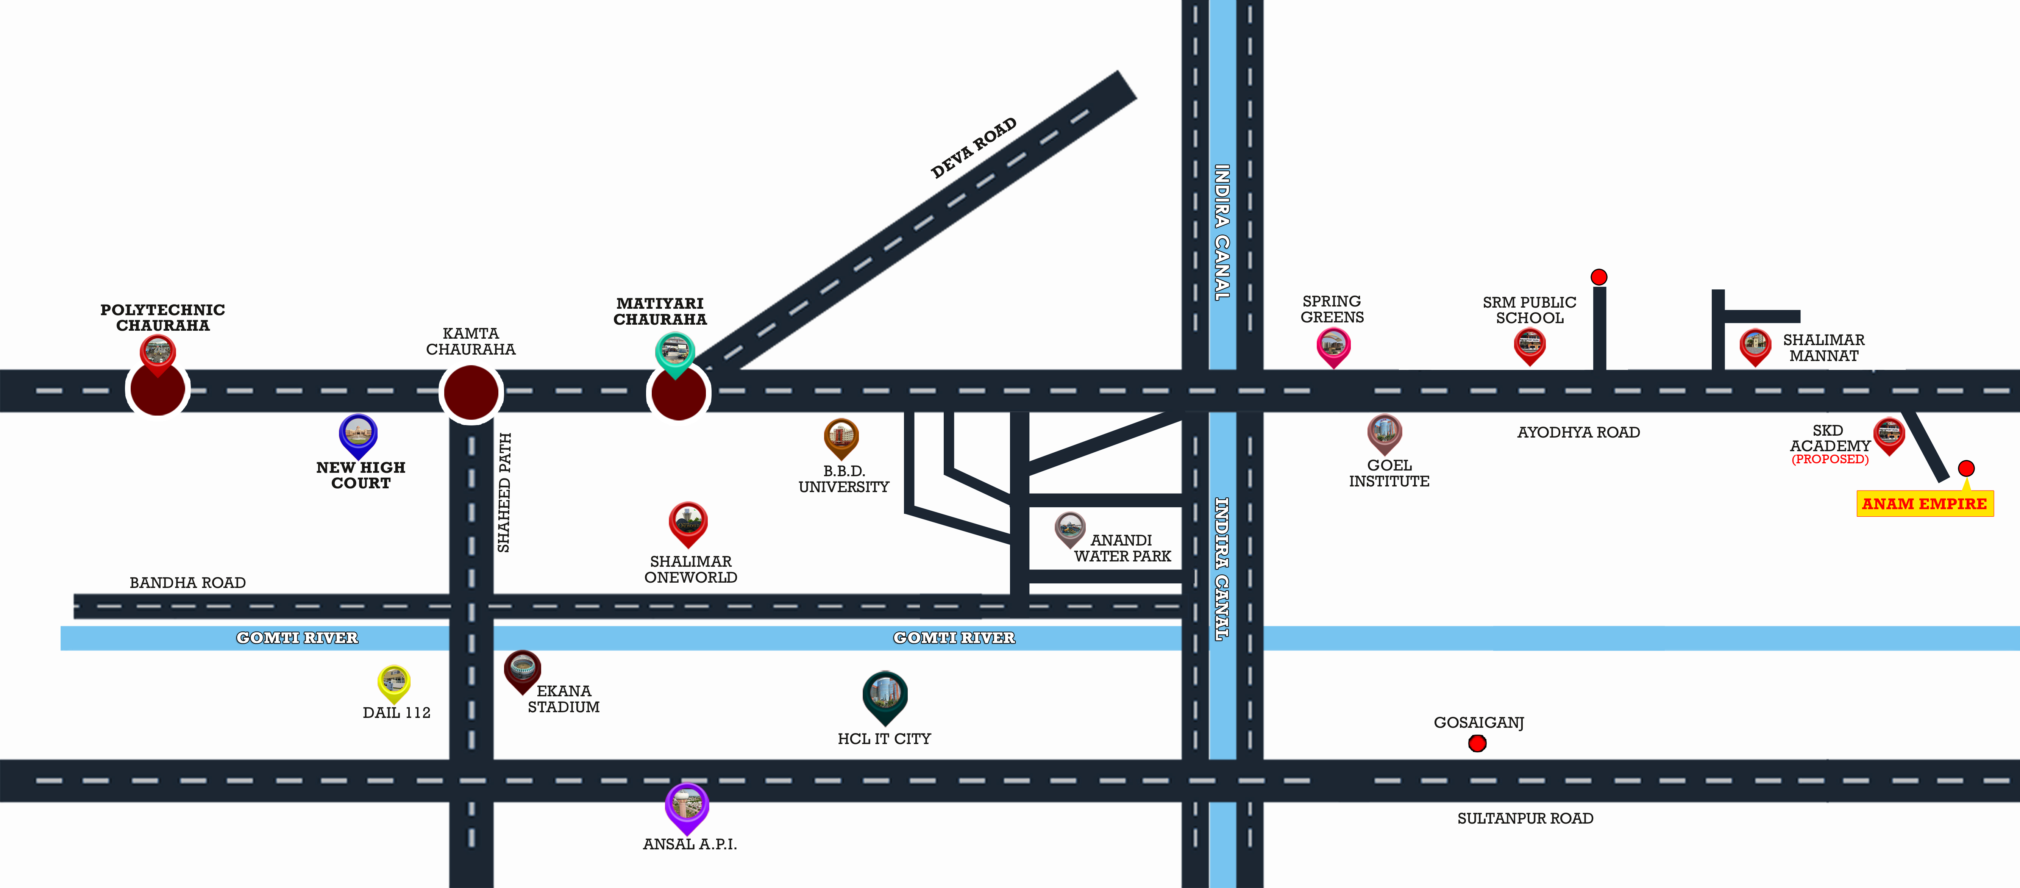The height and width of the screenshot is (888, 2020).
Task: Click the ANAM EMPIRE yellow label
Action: (1924, 503)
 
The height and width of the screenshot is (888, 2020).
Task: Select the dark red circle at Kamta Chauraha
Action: (470, 392)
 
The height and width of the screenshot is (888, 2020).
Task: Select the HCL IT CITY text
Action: (884, 739)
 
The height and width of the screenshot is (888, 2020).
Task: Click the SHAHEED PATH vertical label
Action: (504, 492)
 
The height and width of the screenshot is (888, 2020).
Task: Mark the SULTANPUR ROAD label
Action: (1524, 818)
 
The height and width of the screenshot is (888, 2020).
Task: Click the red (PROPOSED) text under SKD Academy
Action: (1830, 460)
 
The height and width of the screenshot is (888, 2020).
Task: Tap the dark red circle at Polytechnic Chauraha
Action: (158, 389)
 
